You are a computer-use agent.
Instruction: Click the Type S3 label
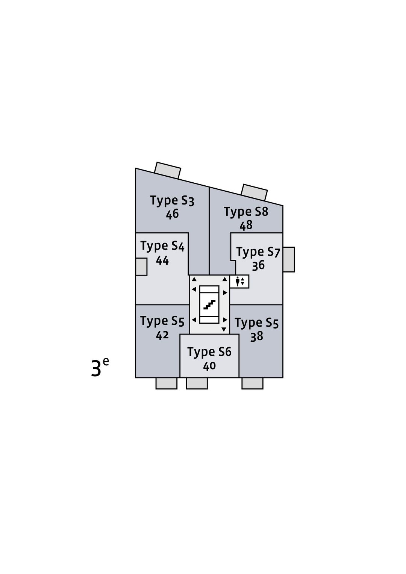(x=172, y=201)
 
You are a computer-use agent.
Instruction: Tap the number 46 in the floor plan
(x=172, y=214)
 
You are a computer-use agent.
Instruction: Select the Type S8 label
(x=246, y=212)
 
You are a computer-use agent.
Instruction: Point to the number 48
(x=246, y=226)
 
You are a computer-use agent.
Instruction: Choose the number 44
(x=162, y=260)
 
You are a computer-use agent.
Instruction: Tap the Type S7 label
(x=258, y=252)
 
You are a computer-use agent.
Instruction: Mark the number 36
(x=258, y=266)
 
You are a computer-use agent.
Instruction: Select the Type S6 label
(x=209, y=352)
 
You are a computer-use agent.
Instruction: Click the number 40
(x=209, y=366)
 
